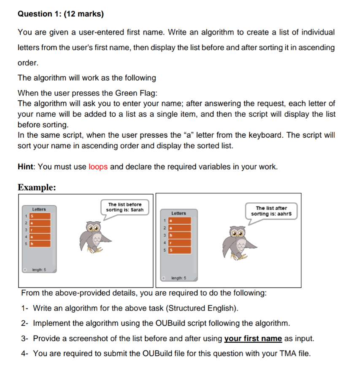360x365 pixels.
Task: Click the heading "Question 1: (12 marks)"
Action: pos(61,14)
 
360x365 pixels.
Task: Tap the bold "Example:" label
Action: pos(37,187)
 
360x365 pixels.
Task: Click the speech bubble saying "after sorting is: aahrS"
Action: pos(271,211)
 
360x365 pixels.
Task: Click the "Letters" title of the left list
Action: pos(39,209)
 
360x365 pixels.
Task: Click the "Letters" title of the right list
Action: pos(179,213)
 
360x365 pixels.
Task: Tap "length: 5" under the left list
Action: pos(39,269)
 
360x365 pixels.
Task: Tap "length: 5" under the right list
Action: pos(179,278)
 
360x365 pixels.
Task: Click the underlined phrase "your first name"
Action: pos(253,338)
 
